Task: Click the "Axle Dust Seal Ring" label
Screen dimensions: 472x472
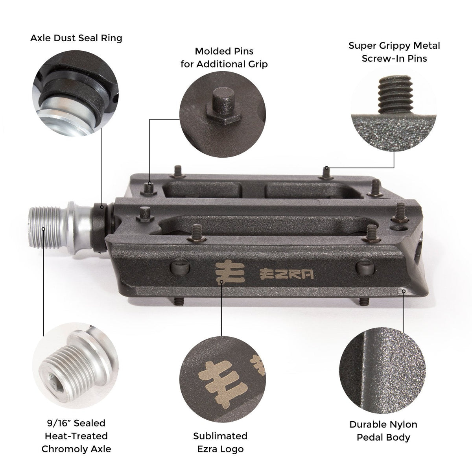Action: (76, 38)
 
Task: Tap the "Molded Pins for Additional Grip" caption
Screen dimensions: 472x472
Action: (224, 58)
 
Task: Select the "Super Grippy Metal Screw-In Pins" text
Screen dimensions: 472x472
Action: (394, 52)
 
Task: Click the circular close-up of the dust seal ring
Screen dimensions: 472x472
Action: (76, 93)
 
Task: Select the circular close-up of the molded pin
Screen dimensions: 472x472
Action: (222, 114)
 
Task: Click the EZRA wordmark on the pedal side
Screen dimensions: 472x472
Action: (286, 274)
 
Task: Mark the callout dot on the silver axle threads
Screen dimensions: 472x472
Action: (43, 229)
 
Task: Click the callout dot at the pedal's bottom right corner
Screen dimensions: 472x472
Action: (404, 291)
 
